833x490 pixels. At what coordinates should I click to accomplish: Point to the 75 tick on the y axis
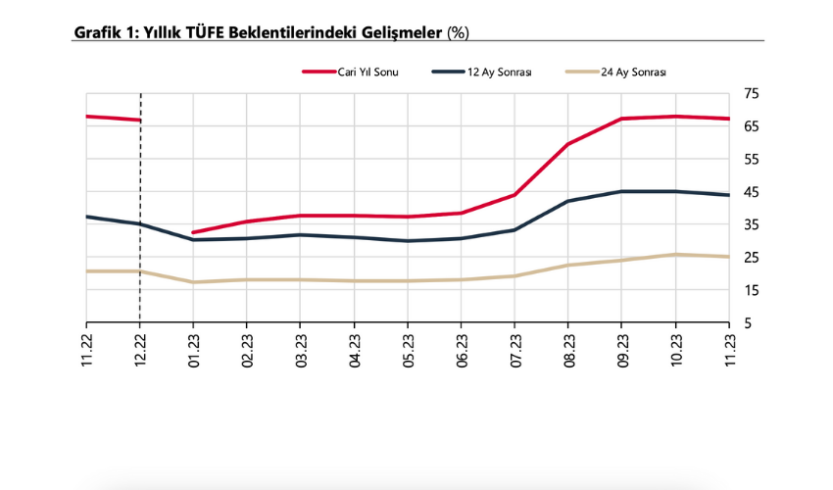[752, 94]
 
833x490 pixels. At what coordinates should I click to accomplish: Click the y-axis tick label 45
[752, 192]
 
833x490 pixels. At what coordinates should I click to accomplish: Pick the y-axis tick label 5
[748, 323]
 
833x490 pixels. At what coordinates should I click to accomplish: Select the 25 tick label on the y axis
[752, 258]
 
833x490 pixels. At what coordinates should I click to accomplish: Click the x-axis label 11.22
[86, 350]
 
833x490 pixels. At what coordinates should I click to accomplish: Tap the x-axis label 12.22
[140, 350]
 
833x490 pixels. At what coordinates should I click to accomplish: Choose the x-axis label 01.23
[194, 350]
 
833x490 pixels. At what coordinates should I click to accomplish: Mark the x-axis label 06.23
[462, 350]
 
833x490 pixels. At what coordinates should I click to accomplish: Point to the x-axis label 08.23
[568, 350]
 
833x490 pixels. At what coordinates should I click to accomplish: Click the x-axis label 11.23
[729, 350]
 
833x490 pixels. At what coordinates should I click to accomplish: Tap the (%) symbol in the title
[458, 32]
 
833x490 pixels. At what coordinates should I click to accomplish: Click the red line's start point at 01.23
[194, 232]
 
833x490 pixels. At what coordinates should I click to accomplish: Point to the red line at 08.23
[568, 144]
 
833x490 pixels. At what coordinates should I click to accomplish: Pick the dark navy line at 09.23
[621, 191]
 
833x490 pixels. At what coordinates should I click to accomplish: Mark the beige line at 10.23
[675, 255]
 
